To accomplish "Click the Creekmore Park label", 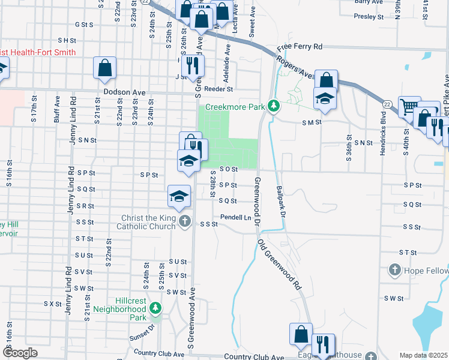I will point(235,107).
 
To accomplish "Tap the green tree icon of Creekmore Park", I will point(274,106).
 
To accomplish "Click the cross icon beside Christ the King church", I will point(185,223).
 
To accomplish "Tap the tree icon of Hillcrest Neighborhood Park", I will point(155,308).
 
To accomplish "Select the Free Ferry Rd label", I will point(300,46).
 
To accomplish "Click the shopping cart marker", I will point(410,107).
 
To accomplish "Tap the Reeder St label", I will point(218,89).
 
